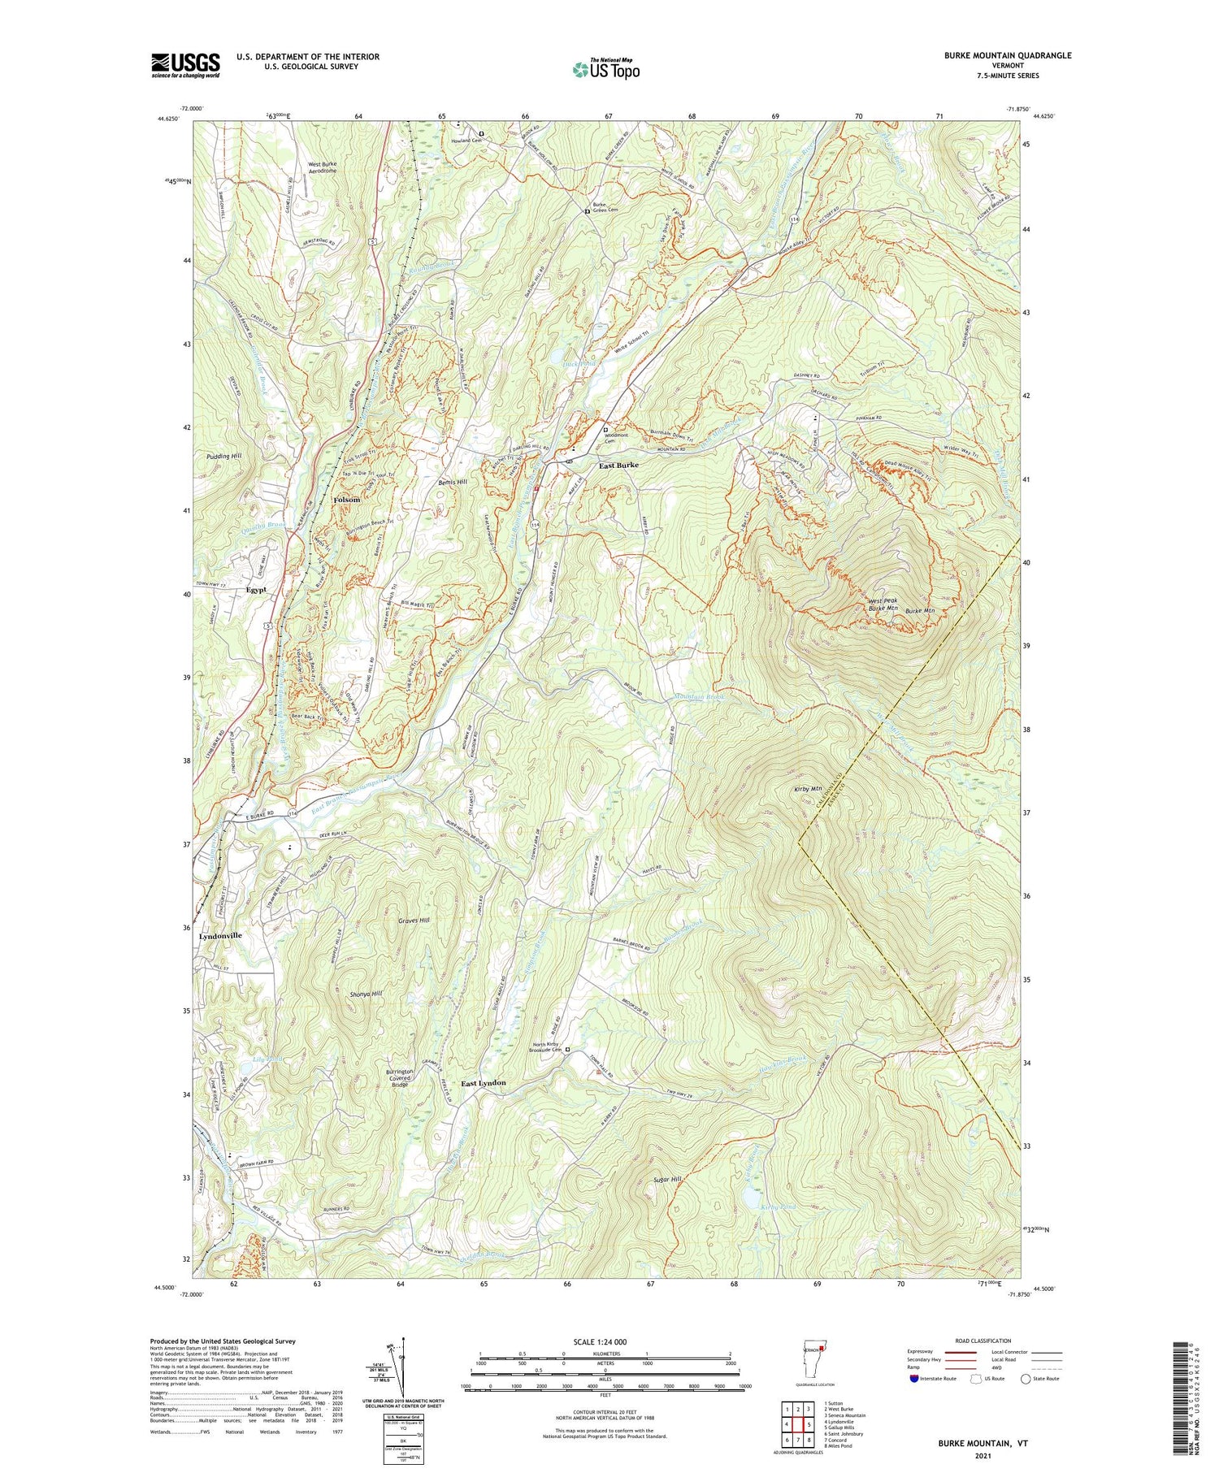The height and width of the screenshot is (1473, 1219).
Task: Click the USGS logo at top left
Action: (185, 65)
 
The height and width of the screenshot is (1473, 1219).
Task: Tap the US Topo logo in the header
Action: (605, 69)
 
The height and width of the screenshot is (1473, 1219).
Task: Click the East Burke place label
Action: (618, 466)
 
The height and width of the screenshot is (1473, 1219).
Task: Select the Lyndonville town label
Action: (220, 936)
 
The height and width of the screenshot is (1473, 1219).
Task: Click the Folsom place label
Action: (346, 500)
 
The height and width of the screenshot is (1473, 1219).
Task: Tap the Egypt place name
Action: (256, 590)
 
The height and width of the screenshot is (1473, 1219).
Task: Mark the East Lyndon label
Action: (484, 1083)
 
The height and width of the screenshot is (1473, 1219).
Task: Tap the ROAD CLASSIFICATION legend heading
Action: (983, 1341)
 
